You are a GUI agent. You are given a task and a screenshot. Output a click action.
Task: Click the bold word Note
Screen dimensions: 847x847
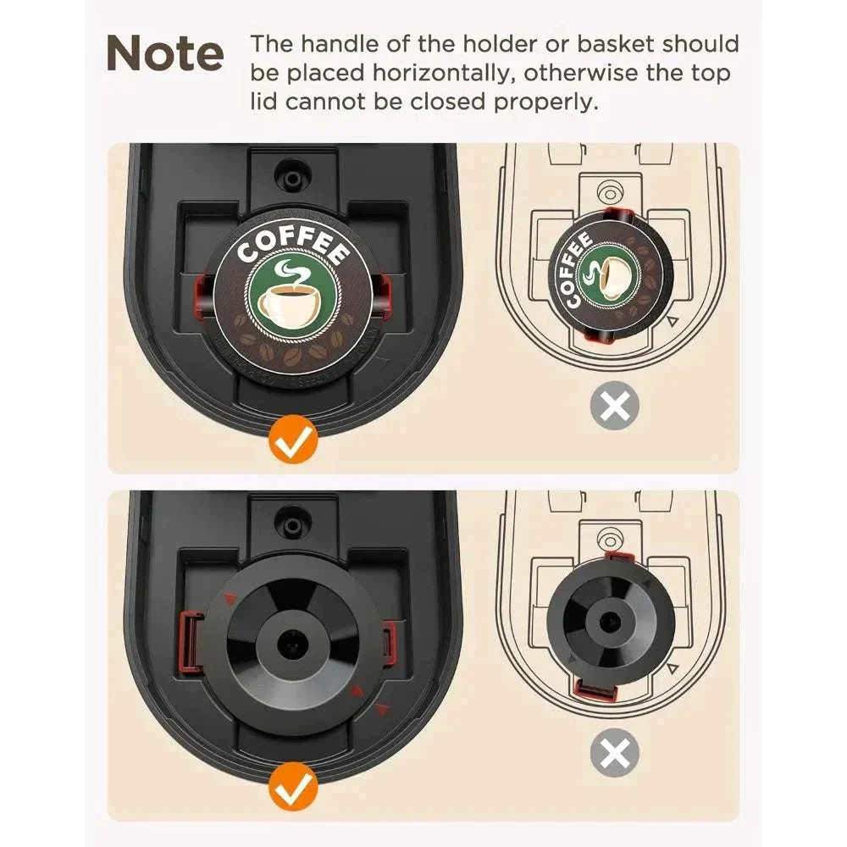pos(165,54)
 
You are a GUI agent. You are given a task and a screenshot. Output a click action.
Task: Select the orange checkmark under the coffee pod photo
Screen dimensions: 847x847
pos(294,440)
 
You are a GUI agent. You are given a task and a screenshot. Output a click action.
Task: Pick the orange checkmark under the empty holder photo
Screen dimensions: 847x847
pos(294,787)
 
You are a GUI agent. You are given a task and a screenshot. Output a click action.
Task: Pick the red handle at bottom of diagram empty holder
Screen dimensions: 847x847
pos(594,691)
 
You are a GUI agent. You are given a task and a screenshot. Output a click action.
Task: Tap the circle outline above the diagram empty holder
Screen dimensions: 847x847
pos(607,537)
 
